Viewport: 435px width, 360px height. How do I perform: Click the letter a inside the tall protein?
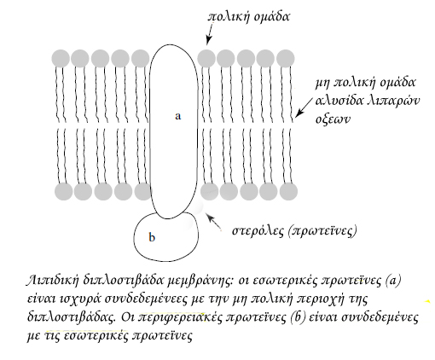click(178, 116)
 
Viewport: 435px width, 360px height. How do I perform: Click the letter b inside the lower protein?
click(152, 237)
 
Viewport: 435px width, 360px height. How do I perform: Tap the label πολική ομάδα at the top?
click(249, 16)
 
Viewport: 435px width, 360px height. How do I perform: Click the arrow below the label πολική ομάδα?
click(210, 34)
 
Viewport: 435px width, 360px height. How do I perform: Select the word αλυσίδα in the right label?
click(337, 101)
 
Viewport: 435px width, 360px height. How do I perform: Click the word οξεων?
click(333, 119)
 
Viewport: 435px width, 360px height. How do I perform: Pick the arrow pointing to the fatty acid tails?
click(304, 107)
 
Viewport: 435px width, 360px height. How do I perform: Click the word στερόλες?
click(258, 230)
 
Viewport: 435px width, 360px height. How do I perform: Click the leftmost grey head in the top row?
click(61, 58)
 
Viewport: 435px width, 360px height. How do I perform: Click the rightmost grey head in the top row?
click(286, 58)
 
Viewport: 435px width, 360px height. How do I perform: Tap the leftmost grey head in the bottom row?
click(63, 191)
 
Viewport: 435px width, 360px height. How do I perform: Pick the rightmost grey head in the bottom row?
click(288, 191)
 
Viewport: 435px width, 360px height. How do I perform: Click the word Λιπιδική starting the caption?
click(53, 281)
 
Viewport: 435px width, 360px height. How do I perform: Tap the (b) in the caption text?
click(299, 317)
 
